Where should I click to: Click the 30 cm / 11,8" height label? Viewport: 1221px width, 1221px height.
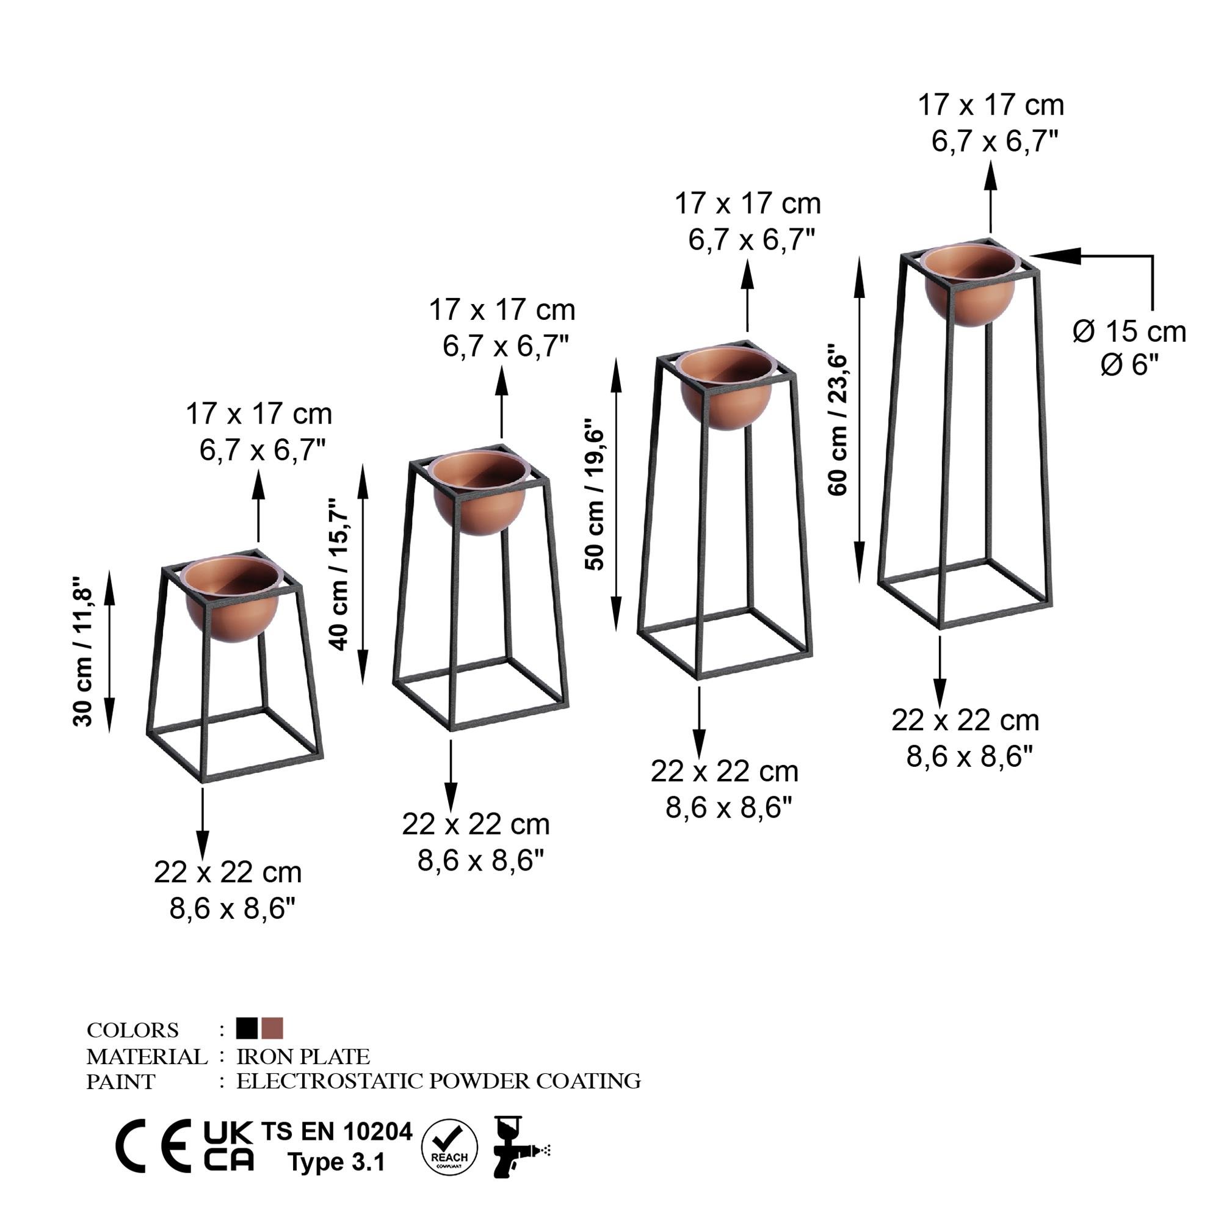point(84,651)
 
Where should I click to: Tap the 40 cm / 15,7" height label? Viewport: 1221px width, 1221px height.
point(339,574)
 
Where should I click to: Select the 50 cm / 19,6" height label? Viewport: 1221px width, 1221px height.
point(595,493)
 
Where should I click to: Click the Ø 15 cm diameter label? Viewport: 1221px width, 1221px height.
point(1129,332)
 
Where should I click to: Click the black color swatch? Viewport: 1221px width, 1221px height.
point(247,1028)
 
